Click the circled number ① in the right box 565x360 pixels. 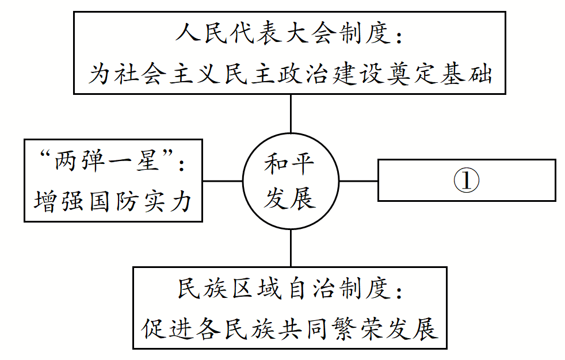coord(466,181)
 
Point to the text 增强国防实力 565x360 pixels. coord(113,201)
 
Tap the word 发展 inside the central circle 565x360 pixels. coord(289,198)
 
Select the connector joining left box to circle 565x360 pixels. coord(222,181)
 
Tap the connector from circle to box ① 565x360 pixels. coord(358,181)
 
